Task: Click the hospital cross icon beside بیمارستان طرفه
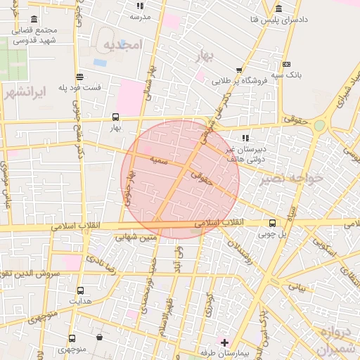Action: (224, 342)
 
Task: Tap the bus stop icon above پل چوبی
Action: (272, 223)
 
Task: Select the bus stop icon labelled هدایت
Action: (80, 290)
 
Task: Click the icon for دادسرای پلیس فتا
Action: (279, 9)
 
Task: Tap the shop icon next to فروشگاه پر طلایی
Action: (239, 70)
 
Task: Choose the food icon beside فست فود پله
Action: (80, 77)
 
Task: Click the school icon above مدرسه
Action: (140, 6)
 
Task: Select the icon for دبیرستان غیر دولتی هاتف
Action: (245, 138)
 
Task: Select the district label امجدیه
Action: (123, 45)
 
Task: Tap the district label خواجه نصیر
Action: (291, 179)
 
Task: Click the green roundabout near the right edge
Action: (320, 125)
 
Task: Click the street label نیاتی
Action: (299, 287)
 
